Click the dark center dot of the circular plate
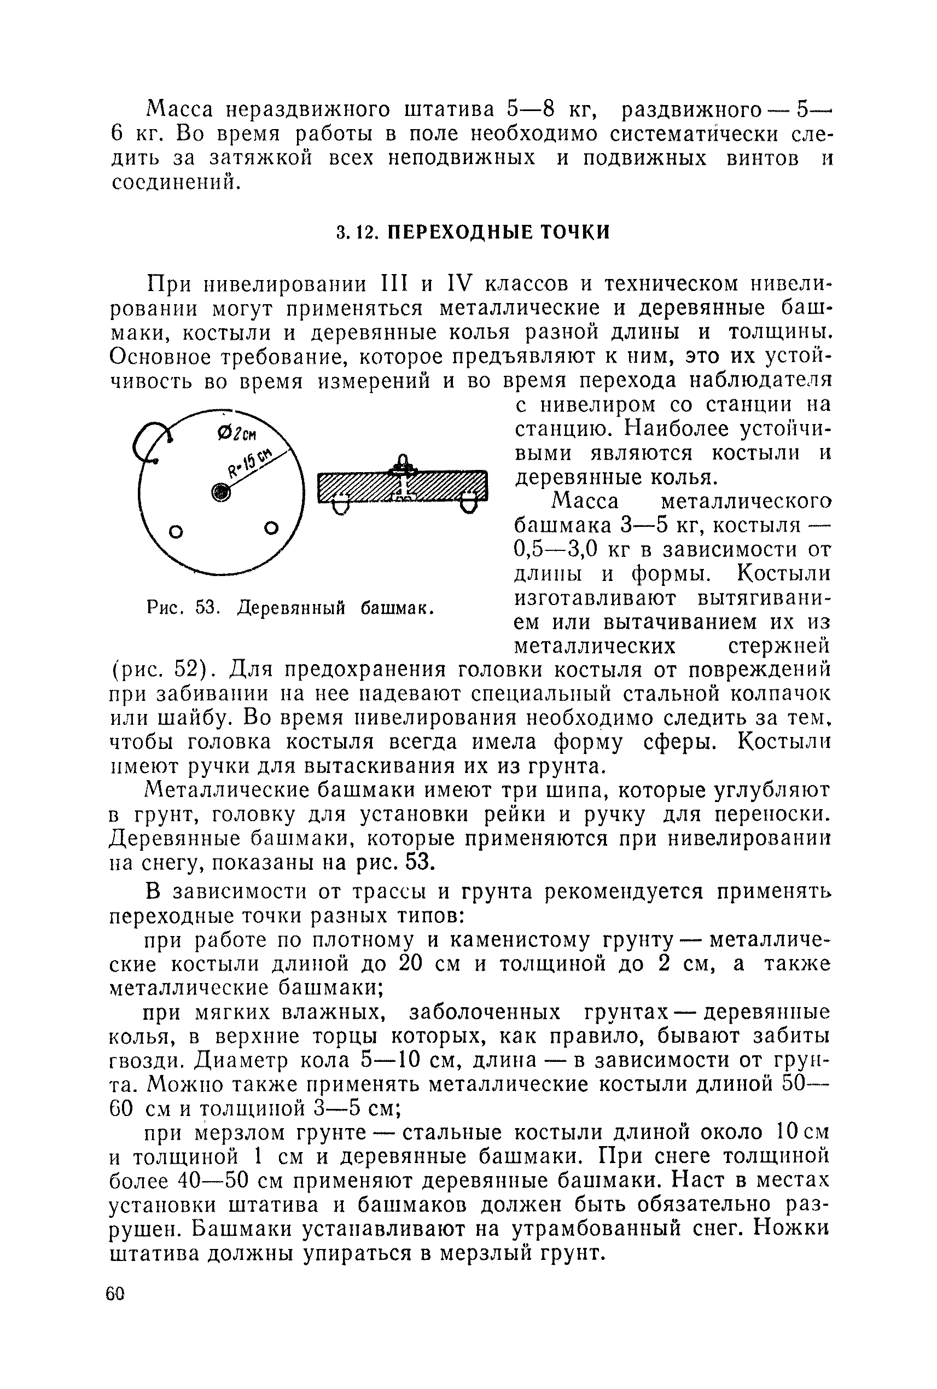click(220, 491)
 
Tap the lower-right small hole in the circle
click(271, 528)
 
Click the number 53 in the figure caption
click(205, 608)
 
